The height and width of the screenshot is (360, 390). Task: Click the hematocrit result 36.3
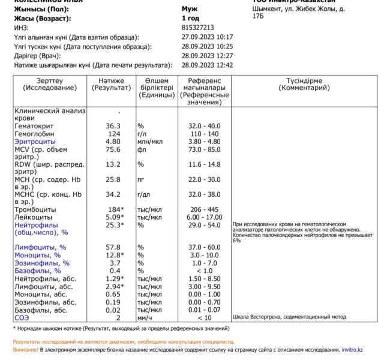[x=113, y=126]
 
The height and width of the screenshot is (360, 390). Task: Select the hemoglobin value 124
[x=113, y=133]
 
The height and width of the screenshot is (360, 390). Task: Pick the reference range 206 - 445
[x=205, y=209]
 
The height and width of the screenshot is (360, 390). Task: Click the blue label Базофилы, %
[x=41, y=271]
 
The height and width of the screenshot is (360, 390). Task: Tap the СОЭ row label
[x=22, y=317]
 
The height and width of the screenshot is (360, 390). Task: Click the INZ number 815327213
[x=197, y=28]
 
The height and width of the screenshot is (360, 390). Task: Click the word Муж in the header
[x=189, y=10]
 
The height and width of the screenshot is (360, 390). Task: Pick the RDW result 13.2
[x=113, y=164]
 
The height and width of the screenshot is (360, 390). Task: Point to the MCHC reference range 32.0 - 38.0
[x=205, y=194]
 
